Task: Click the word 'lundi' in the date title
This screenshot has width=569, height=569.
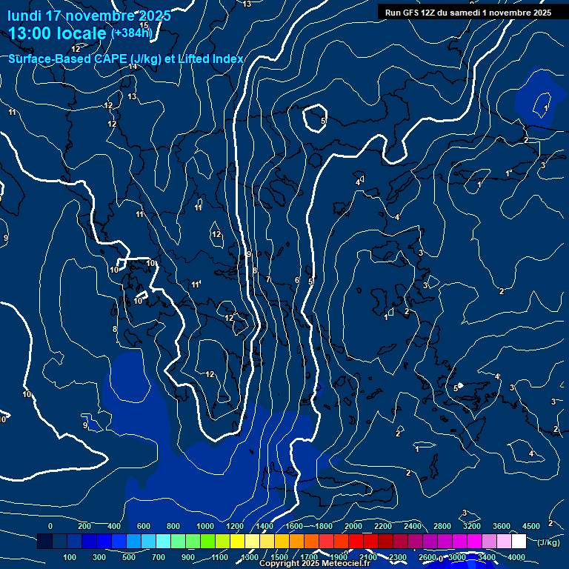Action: [24, 16]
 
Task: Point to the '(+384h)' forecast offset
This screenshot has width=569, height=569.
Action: [131, 33]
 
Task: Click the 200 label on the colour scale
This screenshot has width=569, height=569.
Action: [84, 526]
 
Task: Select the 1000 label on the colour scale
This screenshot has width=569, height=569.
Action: [205, 526]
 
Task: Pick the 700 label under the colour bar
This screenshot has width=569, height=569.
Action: [159, 557]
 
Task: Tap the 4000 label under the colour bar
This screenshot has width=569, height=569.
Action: [517, 557]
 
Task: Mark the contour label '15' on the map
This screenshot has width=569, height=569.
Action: [144, 26]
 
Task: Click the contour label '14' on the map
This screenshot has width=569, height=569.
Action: [133, 67]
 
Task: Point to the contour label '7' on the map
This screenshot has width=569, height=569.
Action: [268, 279]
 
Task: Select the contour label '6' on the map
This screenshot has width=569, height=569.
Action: [297, 281]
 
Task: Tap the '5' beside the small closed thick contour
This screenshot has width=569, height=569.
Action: [324, 120]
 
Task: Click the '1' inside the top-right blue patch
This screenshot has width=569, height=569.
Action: [546, 108]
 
